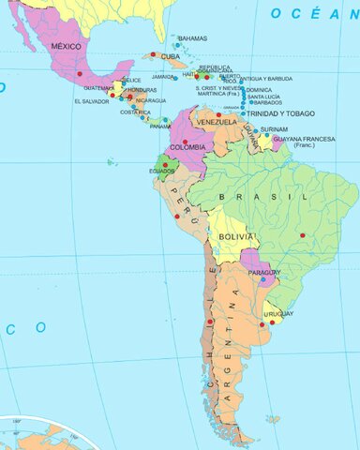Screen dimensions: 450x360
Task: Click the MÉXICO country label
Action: pyautogui.click(x=67, y=46)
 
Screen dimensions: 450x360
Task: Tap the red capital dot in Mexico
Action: pyautogui.click(x=80, y=73)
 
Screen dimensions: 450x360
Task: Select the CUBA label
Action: pyautogui.click(x=170, y=56)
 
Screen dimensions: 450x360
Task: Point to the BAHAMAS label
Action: pyautogui.click(x=192, y=38)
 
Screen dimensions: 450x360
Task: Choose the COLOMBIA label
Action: pyautogui.click(x=187, y=147)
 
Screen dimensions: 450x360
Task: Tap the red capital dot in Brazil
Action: pyautogui.click(x=302, y=234)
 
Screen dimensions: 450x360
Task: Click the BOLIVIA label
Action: pyautogui.click(x=235, y=238)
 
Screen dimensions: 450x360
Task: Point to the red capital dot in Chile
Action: pyautogui.click(x=209, y=322)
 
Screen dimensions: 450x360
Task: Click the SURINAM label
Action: pyautogui.click(x=274, y=129)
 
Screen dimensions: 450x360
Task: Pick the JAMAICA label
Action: pyautogui.click(x=163, y=77)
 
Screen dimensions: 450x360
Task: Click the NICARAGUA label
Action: pyautogui.click(x=151, y=99)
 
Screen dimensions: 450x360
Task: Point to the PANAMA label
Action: pyautogui.click(x=160, y=126)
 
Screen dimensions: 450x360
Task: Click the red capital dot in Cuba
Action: pyautogui.click(x=153, y=54)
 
